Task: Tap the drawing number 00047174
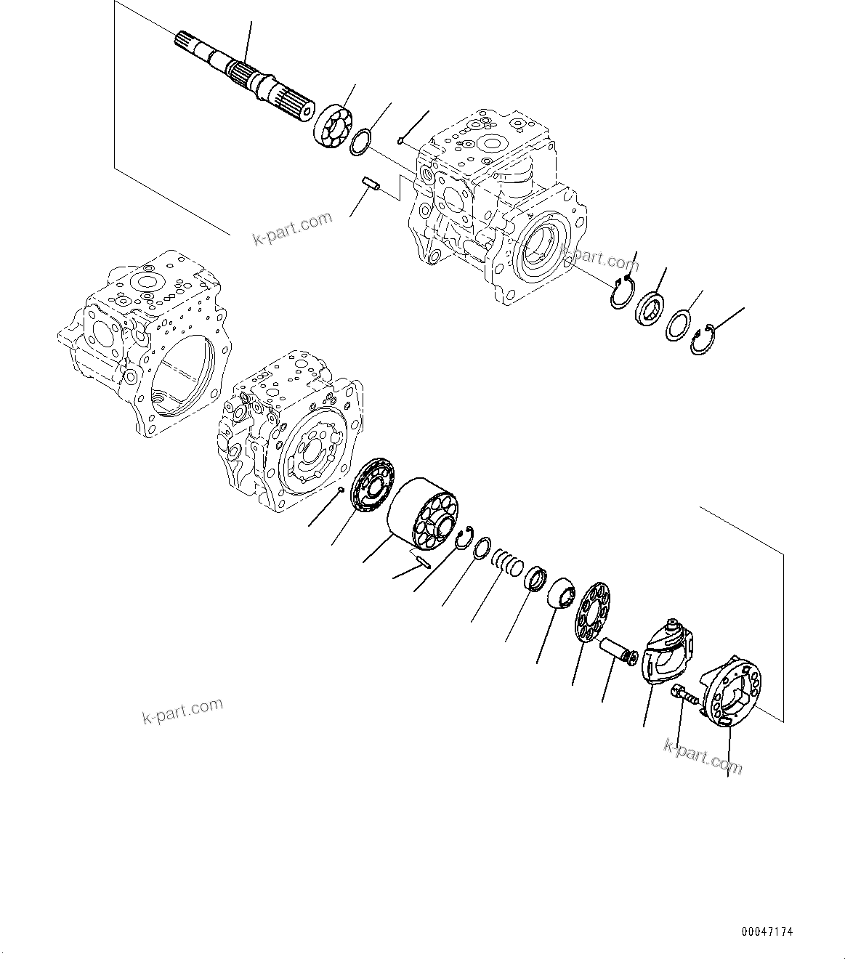coord(767,931)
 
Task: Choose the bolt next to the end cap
coord(684,695)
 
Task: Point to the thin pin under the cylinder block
coord(421,559)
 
